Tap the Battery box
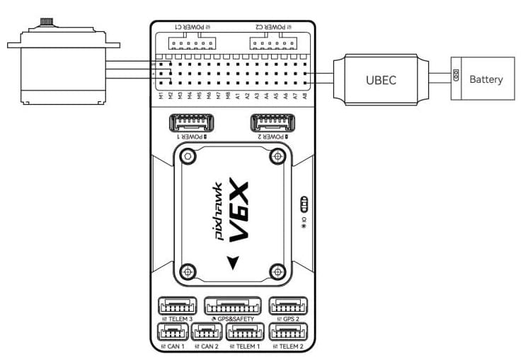(x=485, y=79)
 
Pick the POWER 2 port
(x=273, y=124)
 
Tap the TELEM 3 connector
(x=178, y=306)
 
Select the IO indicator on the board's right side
(x=304, y=205)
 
